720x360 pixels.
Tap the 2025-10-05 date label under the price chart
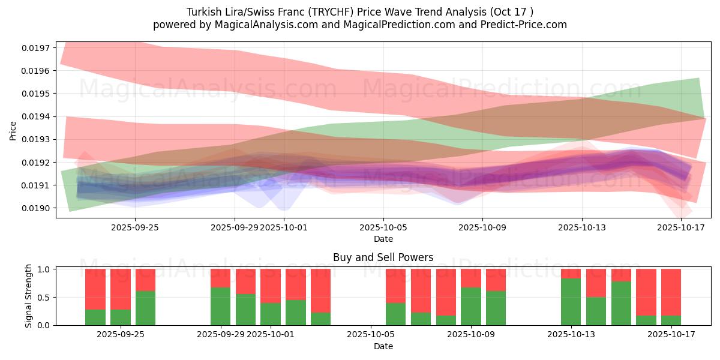[x=383, y=227]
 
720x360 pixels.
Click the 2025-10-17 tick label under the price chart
[x=681, y=227]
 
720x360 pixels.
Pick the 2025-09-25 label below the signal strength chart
[x=121, y=335]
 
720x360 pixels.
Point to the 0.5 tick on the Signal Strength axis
[x=44, y=298]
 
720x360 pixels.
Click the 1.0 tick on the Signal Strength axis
[x=44, y=269]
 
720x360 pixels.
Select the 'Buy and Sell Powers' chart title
[x=383, y=258]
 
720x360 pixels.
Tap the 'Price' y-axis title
[x=13, y=130]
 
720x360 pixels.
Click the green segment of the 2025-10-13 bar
[x=571, y=302]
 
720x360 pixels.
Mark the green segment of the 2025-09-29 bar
[x=220, y=306]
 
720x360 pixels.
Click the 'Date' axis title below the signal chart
[x=383, y=346]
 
